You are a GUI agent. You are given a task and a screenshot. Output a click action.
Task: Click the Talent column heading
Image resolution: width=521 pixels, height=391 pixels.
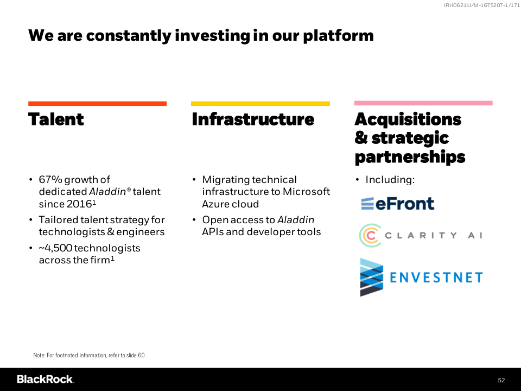[x=56, y=119]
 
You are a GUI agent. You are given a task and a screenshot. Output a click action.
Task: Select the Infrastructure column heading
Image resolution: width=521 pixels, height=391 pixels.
[x=253, y=119]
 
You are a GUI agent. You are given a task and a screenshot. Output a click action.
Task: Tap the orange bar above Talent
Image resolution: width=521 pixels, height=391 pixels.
[x=97, y=104]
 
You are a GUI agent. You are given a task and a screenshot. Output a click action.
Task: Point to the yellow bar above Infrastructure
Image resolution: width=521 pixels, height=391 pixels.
[x=260, y=104]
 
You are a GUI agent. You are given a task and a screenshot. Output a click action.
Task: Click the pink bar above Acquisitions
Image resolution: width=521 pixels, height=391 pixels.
[x=423, y=103]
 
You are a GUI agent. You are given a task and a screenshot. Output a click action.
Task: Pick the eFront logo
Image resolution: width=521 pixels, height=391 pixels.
[x=397, y=204]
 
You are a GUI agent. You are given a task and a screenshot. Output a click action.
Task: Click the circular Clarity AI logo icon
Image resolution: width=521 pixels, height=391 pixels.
[x=370, y=235]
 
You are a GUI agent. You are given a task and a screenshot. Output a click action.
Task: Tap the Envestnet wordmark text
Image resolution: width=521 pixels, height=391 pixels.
[x=436, y=278]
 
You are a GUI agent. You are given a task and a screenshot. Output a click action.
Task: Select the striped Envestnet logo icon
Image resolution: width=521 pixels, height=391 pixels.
[x=371, y=278]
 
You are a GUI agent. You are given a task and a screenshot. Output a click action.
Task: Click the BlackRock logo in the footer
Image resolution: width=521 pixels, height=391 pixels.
[x=46, y=380]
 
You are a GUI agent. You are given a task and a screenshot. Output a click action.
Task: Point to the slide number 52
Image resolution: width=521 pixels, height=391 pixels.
[x=501, y=380]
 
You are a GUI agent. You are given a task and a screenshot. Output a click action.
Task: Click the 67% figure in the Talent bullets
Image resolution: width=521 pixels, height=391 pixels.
[x=50, y=180]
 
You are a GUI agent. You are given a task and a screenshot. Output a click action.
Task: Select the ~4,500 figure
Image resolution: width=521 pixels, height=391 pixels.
[x=55, y=248]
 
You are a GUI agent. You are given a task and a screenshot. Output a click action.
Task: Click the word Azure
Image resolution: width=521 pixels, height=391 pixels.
[x=214, y=204]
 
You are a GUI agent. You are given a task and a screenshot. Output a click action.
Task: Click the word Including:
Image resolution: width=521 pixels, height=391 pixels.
[x=390, y=180]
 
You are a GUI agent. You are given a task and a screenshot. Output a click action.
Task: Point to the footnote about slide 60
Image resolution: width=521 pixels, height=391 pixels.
[x=90, y=355]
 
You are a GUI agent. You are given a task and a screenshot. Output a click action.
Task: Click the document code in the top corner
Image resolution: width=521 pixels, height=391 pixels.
[x=482, y=5]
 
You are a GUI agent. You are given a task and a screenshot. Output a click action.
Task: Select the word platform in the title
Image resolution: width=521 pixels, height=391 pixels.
[x=338, y=36]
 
